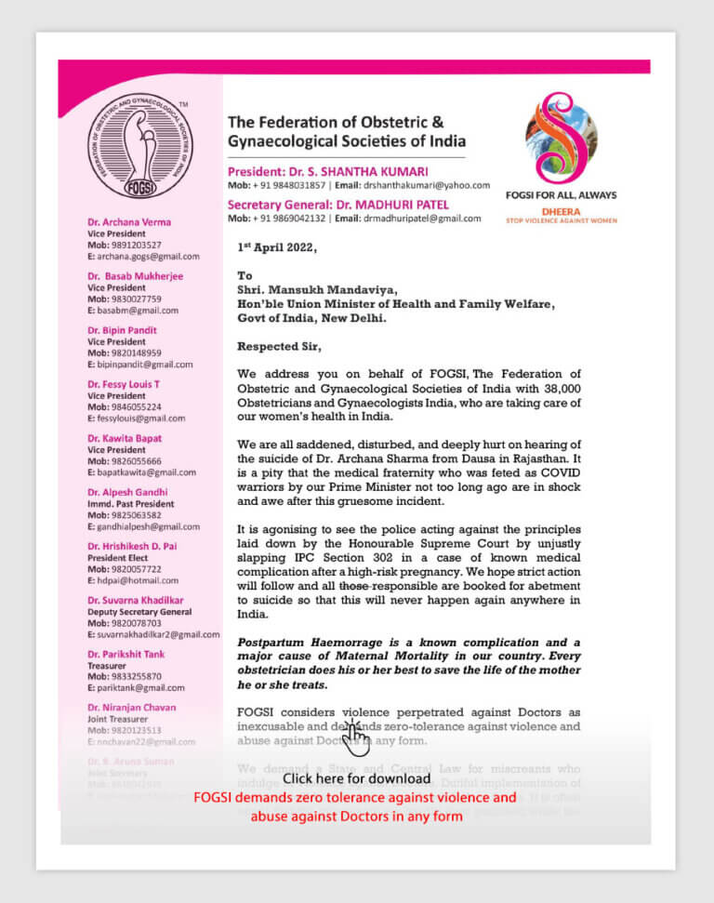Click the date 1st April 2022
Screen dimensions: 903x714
(x=276, y=248)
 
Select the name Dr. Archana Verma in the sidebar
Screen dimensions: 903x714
(x=129, y=222)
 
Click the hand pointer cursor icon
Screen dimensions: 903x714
(x=354, y=737)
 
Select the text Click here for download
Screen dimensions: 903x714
(x=356, y=778)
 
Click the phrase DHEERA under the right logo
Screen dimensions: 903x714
(x=574, y=211)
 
